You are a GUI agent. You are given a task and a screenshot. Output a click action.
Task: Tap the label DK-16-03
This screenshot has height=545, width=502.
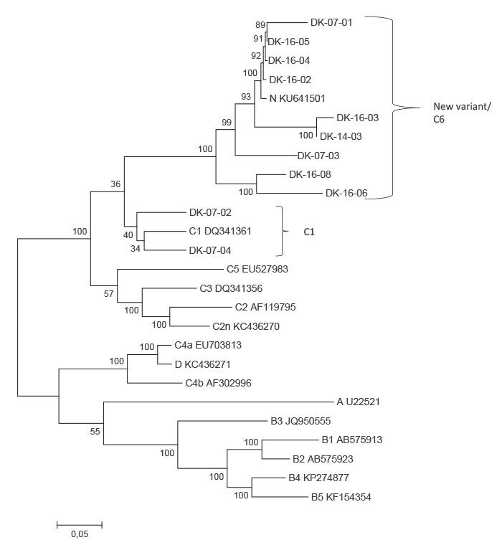point(358,118)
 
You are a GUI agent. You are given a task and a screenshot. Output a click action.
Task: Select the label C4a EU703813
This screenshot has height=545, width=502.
point(208,345)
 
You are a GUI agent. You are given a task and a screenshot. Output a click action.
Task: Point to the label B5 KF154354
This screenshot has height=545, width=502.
point(341,496)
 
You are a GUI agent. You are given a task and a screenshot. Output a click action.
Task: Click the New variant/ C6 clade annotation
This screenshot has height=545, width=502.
point(453,113)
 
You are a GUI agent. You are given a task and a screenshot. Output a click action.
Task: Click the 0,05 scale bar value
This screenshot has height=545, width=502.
point(80,535)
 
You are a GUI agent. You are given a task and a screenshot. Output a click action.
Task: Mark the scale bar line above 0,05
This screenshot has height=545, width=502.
point(80,525)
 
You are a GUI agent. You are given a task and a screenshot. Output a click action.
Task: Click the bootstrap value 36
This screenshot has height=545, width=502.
point(115,185)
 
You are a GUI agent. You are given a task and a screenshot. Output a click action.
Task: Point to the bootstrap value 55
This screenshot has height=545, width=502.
point(93,432)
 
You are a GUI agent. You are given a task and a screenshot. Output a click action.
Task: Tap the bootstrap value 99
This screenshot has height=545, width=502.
point(227,123)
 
